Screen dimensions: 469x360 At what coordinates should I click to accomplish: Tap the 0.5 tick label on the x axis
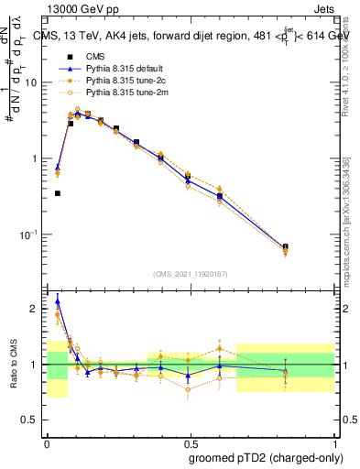[x=191, y=441]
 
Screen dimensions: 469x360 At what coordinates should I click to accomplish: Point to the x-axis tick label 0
[x=47, y=441]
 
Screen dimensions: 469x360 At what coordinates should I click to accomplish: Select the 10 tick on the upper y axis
[x=34, y=82]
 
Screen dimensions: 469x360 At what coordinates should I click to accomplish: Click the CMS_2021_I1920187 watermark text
[x=191, y=273]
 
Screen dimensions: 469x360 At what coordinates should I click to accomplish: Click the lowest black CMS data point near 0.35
[x=58, y=193]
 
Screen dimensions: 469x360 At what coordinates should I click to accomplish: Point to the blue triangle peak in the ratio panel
[x=58, y=300]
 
